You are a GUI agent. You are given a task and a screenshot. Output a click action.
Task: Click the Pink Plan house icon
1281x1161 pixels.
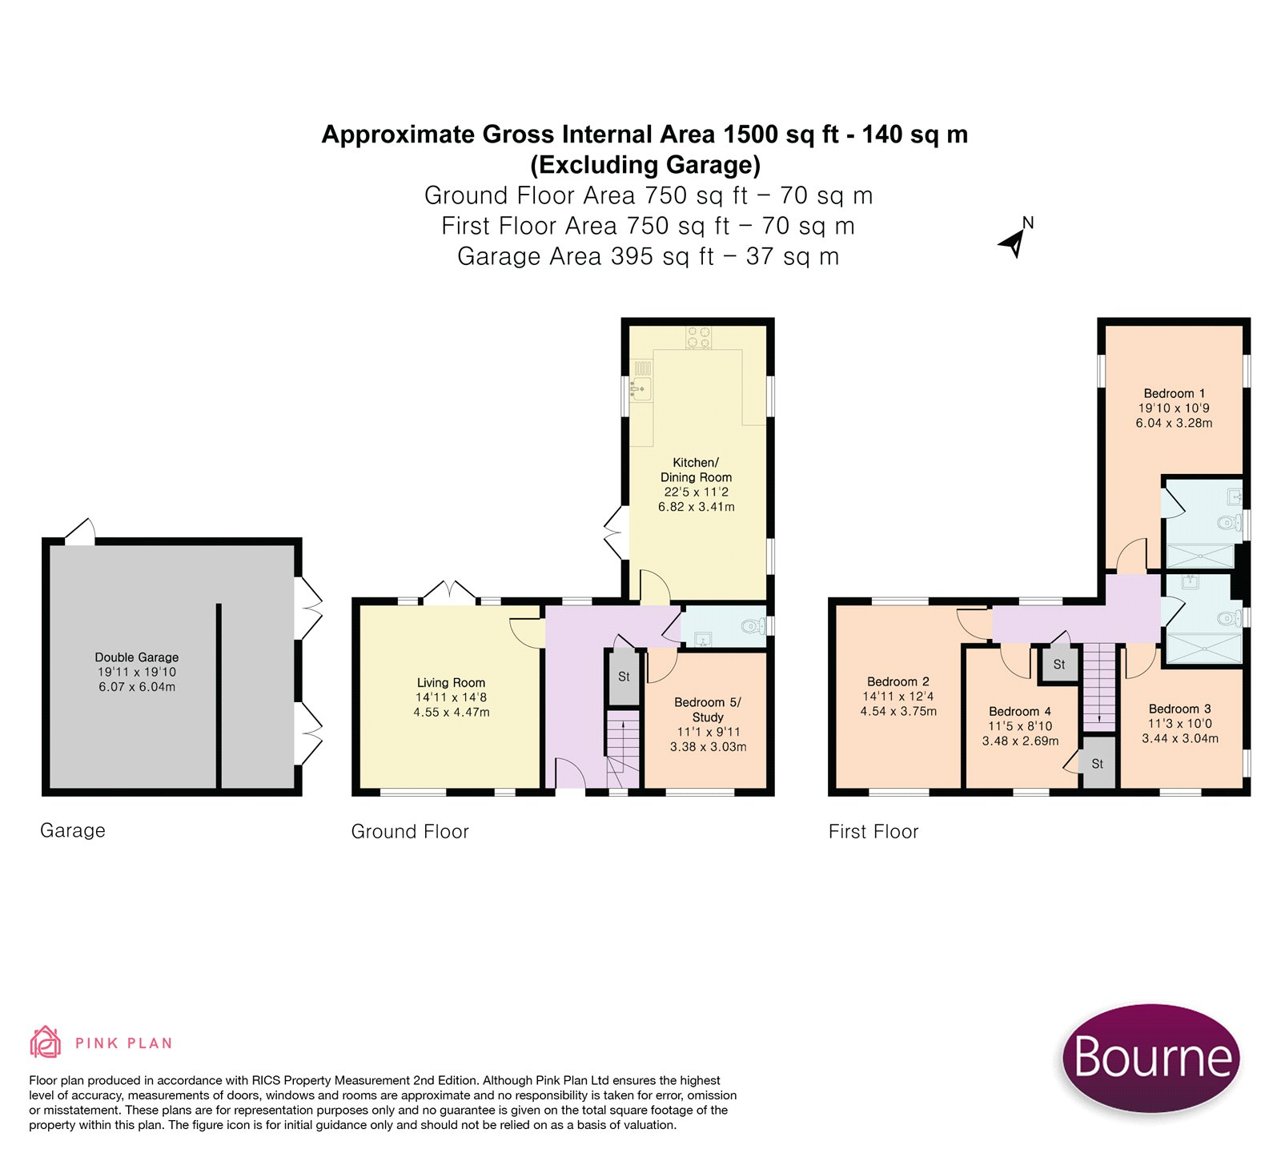(45, 1042)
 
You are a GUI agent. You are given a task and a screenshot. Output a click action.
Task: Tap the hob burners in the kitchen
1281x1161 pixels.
(699, 337)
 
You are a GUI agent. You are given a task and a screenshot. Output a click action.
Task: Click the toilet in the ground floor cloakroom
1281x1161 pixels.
(753, 625)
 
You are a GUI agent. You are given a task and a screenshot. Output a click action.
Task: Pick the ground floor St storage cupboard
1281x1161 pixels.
(624, 677)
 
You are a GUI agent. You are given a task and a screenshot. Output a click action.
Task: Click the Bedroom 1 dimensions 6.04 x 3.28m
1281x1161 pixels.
(1174, 423)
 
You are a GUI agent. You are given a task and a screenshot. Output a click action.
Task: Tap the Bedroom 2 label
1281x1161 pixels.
(898, 681)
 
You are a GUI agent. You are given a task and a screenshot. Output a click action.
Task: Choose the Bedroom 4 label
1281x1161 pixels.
(1020, 711)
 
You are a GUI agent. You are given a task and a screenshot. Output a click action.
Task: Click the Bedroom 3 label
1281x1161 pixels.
(1180, 709)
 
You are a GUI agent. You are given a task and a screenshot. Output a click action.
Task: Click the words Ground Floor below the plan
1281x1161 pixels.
(410, 832)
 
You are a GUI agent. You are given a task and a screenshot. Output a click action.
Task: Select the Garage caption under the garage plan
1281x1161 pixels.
(73, 830)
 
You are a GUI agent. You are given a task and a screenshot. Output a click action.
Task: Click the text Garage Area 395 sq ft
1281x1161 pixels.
(585, 256)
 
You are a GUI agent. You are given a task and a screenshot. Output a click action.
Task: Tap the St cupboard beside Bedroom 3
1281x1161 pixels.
(1098, 764)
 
